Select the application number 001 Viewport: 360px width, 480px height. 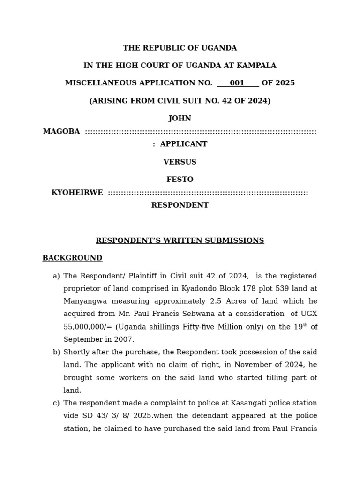tap(237, 83)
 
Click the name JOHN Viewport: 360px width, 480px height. tap(180, 119)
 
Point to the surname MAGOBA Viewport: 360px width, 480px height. tap(61, 132)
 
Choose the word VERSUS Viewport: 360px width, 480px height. tap(180, 162)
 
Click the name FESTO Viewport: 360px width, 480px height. tap(180, 180)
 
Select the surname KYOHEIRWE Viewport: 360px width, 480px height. tap(77, 193)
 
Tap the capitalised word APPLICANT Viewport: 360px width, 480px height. tap(183, 144)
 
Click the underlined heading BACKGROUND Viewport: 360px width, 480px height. tap(72, 258)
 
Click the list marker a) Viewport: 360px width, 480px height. tap(56, 276)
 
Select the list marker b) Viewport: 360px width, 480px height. tap(56, 352)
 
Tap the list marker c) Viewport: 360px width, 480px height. tap(56, 403)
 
